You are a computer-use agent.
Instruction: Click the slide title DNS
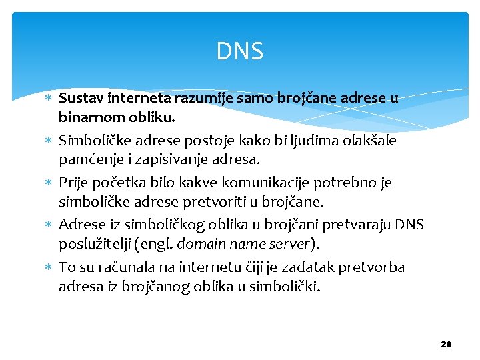240,51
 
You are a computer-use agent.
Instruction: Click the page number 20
446,344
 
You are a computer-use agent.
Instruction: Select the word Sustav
79,99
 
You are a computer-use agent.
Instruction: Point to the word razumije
200,99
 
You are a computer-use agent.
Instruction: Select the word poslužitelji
94,245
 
